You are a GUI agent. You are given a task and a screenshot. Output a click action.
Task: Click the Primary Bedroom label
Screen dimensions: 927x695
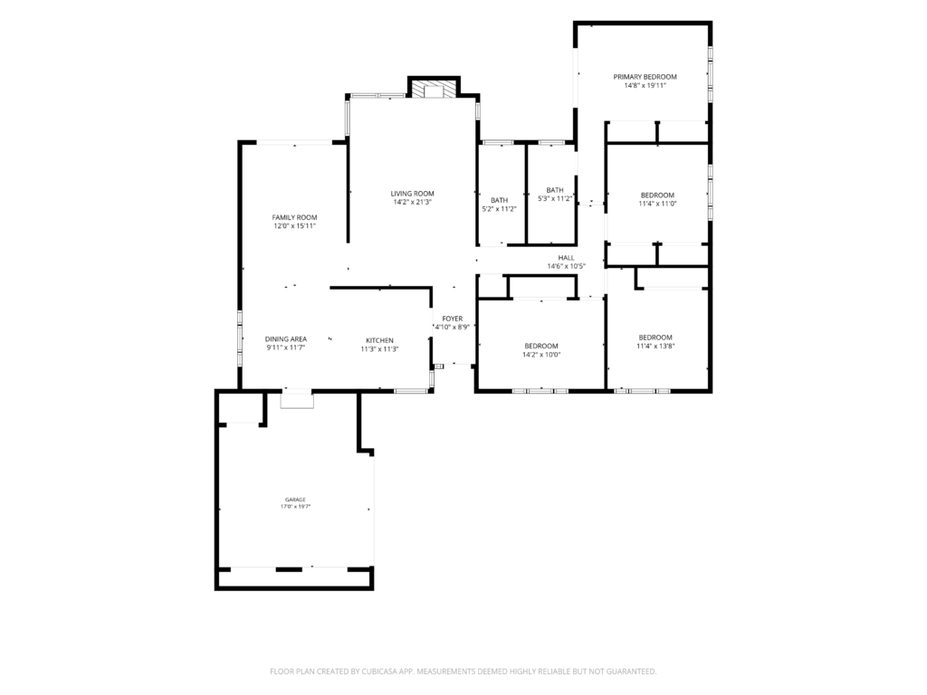coord(645,77)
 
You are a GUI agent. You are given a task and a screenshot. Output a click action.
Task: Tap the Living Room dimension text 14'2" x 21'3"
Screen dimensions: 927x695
coord(412,202)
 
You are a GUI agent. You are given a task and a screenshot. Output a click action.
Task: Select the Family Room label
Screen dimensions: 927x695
coord(294,217)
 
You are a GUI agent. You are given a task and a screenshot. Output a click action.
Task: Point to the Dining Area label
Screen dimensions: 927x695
coord(285,339)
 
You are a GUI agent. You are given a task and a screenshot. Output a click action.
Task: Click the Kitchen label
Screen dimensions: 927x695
coord(379,340)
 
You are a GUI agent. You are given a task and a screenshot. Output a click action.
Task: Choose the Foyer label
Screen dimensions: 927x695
coord(453,319)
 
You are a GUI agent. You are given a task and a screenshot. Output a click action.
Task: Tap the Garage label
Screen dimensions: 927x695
coord(295,500)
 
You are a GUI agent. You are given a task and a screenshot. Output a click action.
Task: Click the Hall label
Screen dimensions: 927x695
coord(566,258)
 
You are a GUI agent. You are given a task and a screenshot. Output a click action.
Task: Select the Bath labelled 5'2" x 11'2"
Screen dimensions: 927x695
coord(499,200)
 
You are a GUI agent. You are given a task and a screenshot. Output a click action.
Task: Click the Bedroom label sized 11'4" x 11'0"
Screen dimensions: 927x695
coord(657,195)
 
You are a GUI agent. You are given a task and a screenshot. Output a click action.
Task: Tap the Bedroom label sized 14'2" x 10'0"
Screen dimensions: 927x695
coord(541,347)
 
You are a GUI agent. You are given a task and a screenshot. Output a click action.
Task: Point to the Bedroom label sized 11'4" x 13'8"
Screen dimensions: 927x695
coord(655,338)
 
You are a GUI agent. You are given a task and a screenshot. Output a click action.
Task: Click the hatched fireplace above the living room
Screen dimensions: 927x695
coord(434,90)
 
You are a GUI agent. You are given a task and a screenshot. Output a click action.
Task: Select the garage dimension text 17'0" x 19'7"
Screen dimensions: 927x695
coord(295,507)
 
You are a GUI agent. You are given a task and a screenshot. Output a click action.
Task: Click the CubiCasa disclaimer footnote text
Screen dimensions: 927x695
coord(463,671)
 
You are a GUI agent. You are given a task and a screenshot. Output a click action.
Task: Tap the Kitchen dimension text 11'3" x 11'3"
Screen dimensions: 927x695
coord(379,349)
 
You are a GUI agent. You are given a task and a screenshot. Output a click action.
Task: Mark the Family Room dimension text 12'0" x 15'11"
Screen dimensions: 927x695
coord(294,225)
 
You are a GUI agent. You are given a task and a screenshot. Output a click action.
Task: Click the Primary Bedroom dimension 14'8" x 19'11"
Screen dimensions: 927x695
coord(645,85)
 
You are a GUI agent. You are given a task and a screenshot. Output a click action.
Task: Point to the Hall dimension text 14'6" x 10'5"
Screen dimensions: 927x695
coord(566,267)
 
